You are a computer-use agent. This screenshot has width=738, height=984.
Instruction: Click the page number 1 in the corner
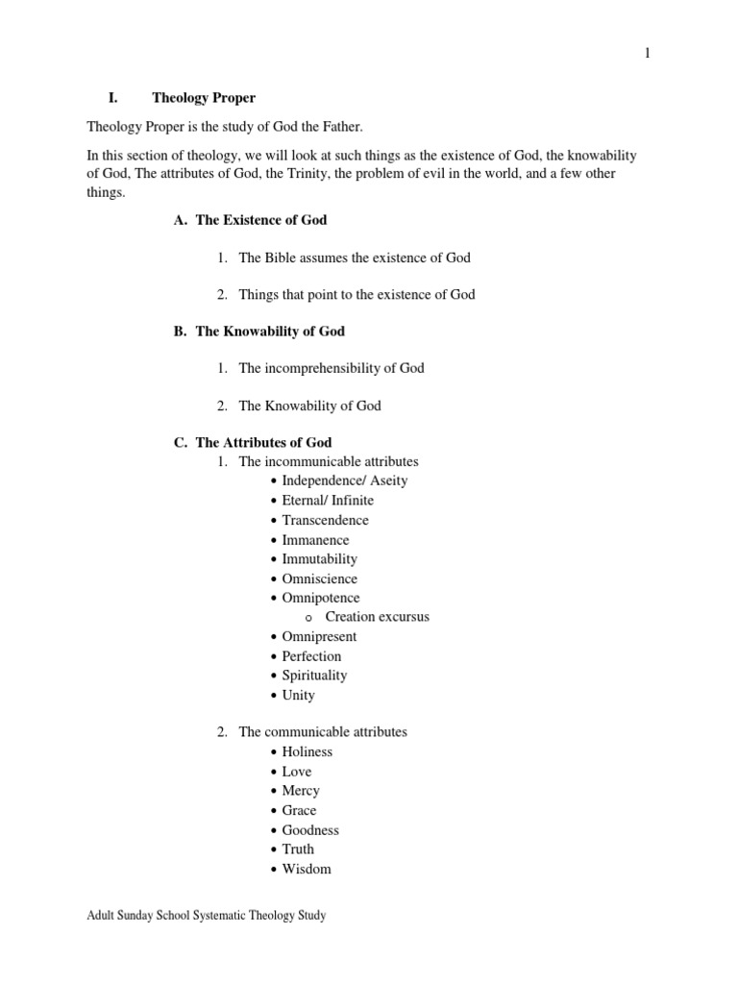coord(648,53)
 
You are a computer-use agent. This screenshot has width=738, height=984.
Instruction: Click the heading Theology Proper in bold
coord(204,99)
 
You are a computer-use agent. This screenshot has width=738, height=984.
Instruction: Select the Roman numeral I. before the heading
coord(111,99)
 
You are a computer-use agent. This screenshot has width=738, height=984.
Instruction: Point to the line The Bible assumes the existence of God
coord(355,258)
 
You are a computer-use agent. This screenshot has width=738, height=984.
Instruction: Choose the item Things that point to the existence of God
coord(357,294)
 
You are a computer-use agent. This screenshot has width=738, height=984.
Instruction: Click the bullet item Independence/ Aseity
coord(345,480)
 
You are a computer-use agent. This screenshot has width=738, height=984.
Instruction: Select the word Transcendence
coord(325,520)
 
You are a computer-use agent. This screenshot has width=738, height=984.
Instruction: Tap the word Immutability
coord(319,558)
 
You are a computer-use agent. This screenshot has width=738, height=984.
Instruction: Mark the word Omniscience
coord(319,578)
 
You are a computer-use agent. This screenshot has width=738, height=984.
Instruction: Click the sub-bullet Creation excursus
coord(377,617)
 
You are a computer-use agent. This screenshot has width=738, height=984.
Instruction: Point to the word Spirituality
coord(314,676)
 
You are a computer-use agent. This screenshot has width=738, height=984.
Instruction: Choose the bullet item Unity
coord(298,695)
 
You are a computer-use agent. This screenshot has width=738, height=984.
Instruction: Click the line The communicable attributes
coord(323,732)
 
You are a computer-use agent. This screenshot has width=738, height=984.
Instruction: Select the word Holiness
coord(307,752)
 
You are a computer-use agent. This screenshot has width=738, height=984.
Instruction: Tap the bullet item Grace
coord(299,810)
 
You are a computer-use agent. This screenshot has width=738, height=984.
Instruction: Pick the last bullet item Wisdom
coord(306,869)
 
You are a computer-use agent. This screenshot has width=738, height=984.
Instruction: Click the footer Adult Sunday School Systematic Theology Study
coord(207,916)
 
